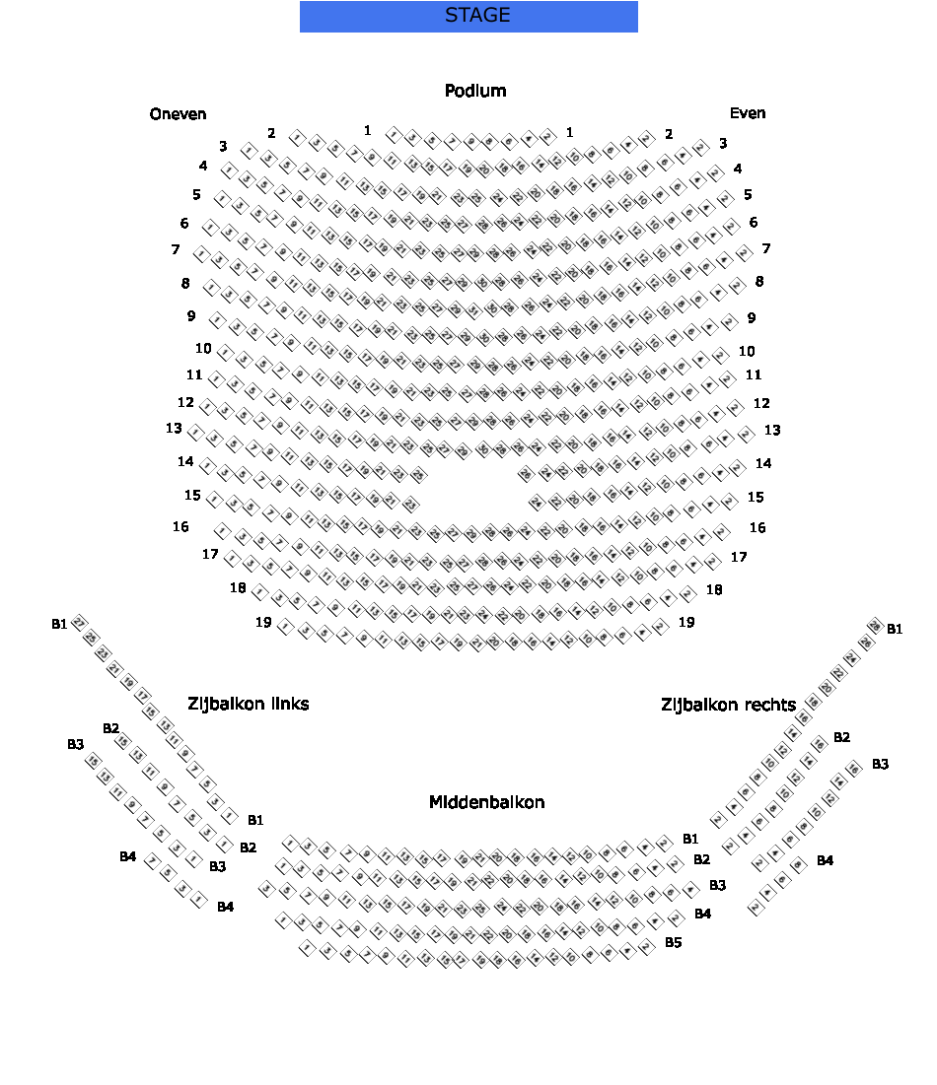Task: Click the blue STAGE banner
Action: click(x=468, y=16)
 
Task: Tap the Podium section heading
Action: click(x=475, y=91)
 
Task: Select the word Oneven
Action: click(x=179, y=114)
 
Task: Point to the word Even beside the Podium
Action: click(x=748, y=113)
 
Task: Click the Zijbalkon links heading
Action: click(x=249, y=704)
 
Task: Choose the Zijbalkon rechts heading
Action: click(x=728, y=705)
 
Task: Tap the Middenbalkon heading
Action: click(x=486, y=802)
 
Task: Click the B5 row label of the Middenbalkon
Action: click(x=673, y=942)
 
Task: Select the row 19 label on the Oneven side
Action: click(x=263, y=622)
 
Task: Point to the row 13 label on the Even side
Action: click(x=772, y=430)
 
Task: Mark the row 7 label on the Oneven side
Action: click(x=176, y=249)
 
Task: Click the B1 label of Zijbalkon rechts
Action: click(x=895, y=629)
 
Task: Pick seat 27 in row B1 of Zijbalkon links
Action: click(x=79, y=623)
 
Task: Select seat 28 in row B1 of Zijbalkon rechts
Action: click(x=874, y=625)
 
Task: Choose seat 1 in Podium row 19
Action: click(x=285, y=627)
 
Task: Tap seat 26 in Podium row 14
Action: click(x=525, y=474)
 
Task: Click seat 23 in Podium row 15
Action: click(x=411, y=505)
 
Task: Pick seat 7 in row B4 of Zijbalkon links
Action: click(x=152, y=861)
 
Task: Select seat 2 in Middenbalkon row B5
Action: click(x=647, y=947)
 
